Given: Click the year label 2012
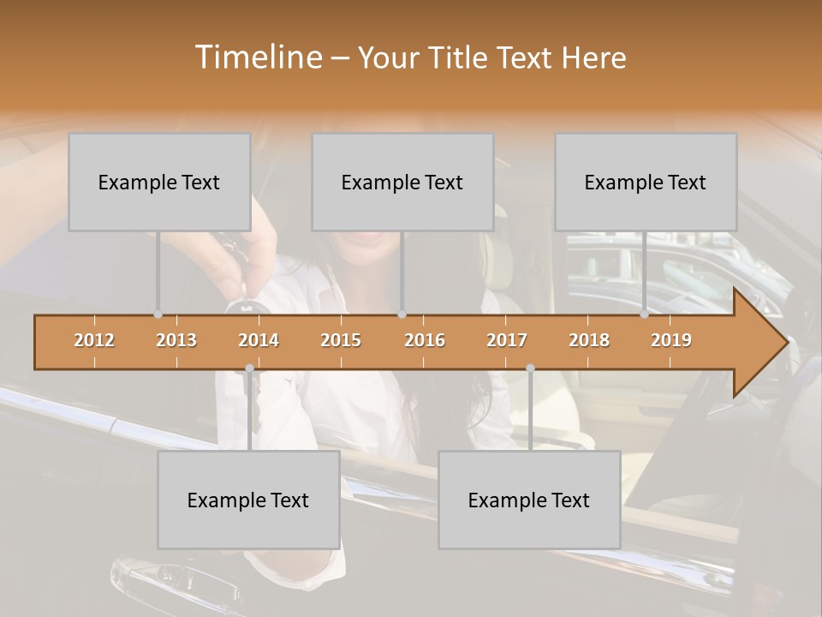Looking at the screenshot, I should tap(94, 340).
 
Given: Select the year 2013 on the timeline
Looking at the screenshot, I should tap(176, 340).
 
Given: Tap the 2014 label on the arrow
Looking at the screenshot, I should tap(259, 340).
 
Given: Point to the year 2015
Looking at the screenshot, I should tap(341, 340).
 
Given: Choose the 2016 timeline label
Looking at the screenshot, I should tap(425, 340).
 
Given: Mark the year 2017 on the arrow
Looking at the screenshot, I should tap(507, 340).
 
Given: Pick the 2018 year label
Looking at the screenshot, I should tap(589, 340).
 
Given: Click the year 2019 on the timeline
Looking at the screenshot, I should tap(671, 340).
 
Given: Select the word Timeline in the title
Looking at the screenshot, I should tap(258, 57).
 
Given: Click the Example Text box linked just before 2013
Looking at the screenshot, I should tap(159, 183).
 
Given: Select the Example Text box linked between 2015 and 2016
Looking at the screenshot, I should tap(402, 183).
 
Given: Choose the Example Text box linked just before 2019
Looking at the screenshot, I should tap(646, 183).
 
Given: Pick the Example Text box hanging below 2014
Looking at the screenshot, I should tap(248, 500).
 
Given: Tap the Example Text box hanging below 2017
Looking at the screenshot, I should tap(529, 500).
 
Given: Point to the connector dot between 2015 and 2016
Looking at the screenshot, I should tap(402, 314).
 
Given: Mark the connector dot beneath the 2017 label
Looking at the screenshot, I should tap(530, 368).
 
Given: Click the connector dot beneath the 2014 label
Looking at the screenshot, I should tap(249, 368).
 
